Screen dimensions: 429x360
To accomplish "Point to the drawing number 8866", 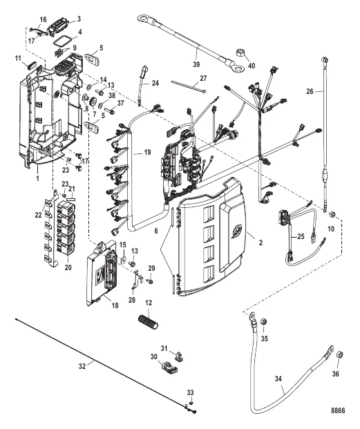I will [337, 409].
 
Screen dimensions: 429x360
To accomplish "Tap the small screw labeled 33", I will [191, 401].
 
